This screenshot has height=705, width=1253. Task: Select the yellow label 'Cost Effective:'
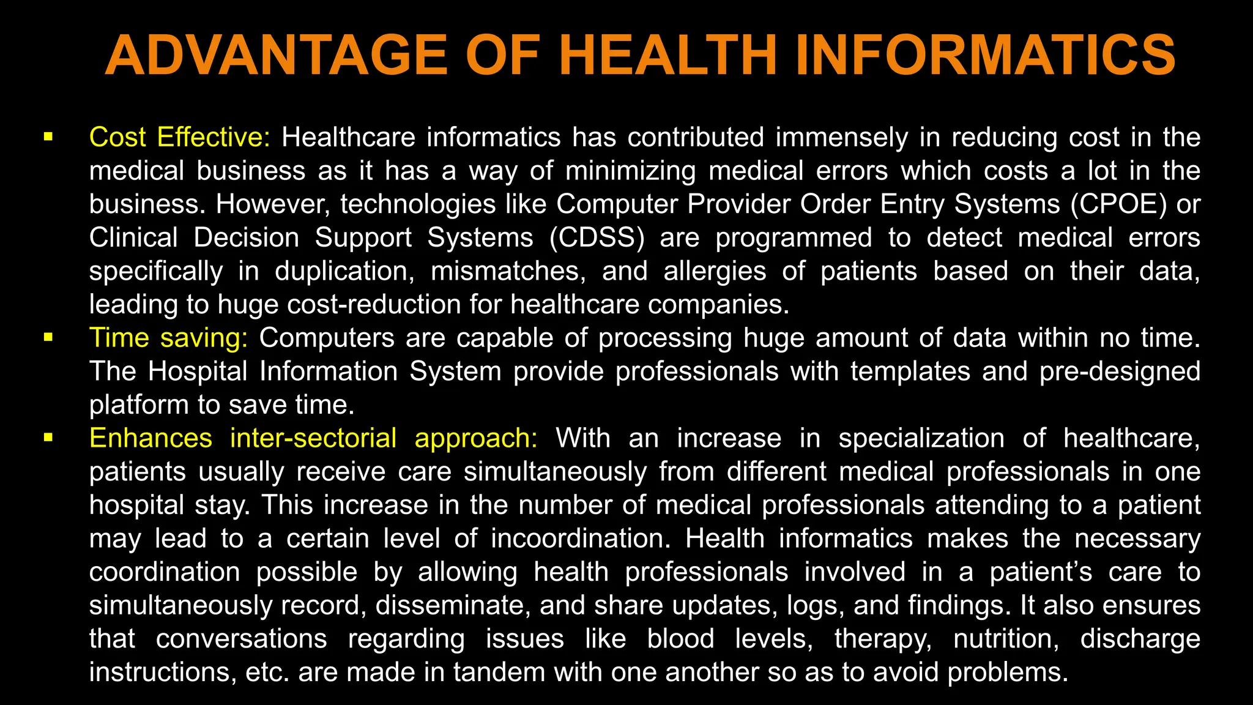[x=179, y=137]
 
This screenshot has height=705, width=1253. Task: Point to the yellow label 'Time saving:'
[x=168, y=338]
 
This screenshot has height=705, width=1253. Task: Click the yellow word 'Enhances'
[x=151, y=438]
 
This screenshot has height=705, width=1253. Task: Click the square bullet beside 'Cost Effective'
[x=48, y=136]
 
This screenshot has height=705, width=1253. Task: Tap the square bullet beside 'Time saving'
[x=48, y=337]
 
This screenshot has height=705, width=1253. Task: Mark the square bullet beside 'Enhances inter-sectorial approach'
[x=48, y=438]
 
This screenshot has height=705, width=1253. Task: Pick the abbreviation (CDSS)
[x=597, y=237]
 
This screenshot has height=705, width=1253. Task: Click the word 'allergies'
[x=714, y=271]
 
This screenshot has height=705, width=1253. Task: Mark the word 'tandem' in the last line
[x=497, y=672]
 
